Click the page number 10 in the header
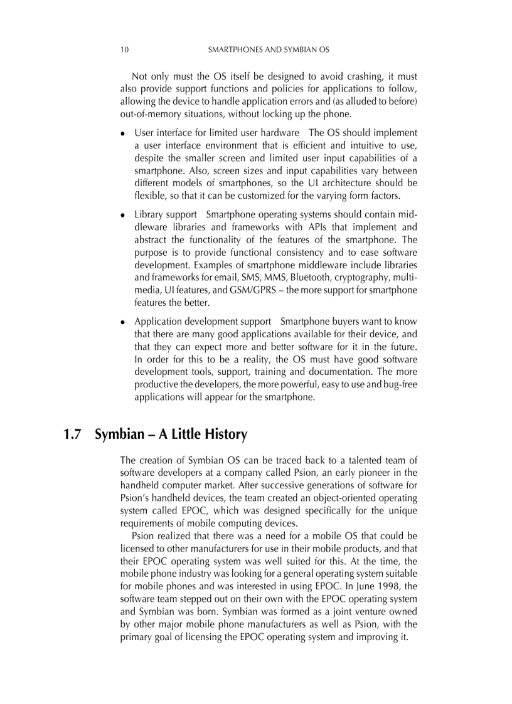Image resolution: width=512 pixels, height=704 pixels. (x=124, y=49)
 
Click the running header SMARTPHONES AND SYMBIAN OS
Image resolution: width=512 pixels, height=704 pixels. (x=269, y=49)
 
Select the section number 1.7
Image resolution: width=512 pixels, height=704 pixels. (x=72, y=434)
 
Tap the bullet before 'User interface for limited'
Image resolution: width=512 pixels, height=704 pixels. (x=123, y=134)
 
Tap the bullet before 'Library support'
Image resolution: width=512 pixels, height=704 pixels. (x=123, y=215)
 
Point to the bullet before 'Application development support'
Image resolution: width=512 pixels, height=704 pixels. (x=123, y=322)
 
